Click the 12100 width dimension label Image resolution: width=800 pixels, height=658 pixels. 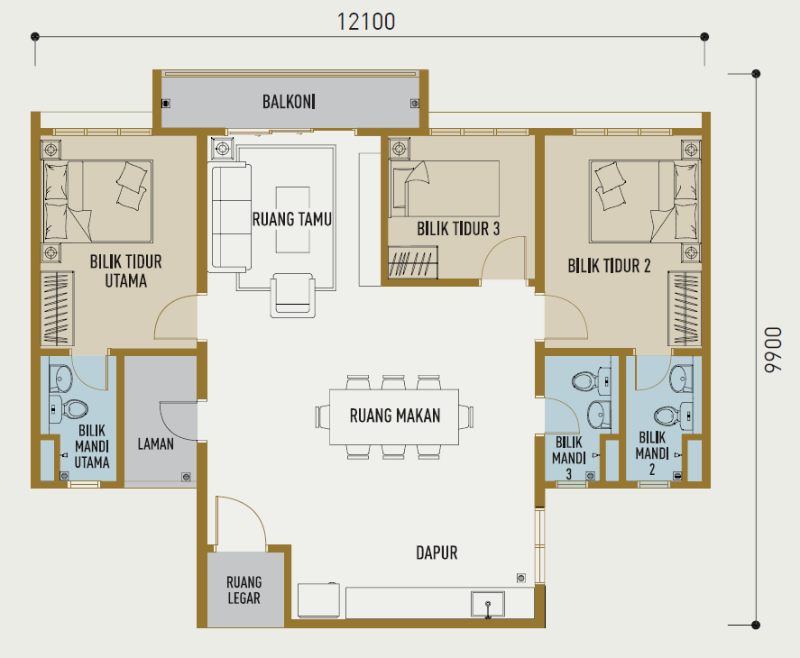click(366, 22)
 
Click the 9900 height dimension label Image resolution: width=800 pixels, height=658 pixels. click(773, 350)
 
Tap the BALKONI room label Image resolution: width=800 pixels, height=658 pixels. click(289, 102)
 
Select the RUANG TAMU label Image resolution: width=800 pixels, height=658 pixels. click(292, 219)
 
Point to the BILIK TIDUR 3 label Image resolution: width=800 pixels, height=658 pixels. click(458, 229)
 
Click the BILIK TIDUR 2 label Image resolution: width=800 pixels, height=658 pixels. click(609, 266)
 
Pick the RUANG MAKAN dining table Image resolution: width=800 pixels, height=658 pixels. click(394, 416)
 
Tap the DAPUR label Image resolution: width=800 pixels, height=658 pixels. click(437, 553)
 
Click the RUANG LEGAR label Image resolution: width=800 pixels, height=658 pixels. click(244, 590)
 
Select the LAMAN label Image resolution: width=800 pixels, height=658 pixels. click(156, 444)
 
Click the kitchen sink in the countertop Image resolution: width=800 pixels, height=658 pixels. click(488, 605)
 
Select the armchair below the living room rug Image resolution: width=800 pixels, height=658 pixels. click(292, 296)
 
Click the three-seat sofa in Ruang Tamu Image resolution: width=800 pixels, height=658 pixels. click(231, 216)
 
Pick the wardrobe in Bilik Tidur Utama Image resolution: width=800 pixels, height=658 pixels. click(57, 308)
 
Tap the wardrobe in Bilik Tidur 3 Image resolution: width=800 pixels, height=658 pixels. click(413, 262)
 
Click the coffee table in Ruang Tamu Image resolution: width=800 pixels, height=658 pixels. click(293, 220)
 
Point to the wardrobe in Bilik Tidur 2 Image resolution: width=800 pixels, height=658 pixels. click(685, 308)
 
